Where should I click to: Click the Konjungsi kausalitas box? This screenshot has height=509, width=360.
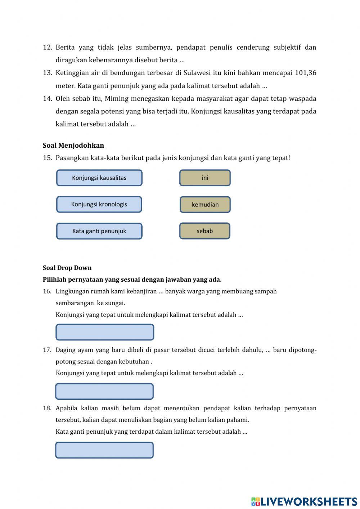[99, 178]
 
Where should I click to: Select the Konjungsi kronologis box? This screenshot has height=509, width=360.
[99, 204]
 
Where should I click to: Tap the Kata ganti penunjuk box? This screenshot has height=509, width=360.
[99, 231]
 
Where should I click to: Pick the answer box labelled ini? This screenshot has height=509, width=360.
[205, 178]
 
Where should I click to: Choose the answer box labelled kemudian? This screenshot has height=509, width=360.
[205, 205]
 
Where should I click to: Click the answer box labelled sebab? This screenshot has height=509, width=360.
[205, 231]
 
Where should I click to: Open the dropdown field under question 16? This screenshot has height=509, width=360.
[105, 332]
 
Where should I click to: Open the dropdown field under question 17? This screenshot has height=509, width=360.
[104, 391]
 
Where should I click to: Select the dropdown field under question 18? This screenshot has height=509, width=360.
[104, 450]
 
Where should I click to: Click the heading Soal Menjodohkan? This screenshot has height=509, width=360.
[73, 146]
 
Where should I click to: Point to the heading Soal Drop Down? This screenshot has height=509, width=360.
[67, 268]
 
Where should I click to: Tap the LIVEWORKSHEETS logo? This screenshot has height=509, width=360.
[304, 501]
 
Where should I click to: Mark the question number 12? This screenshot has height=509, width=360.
[48, 47]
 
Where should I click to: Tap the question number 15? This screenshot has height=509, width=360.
[48, 158]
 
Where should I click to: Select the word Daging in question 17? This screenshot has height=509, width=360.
[66, 350]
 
